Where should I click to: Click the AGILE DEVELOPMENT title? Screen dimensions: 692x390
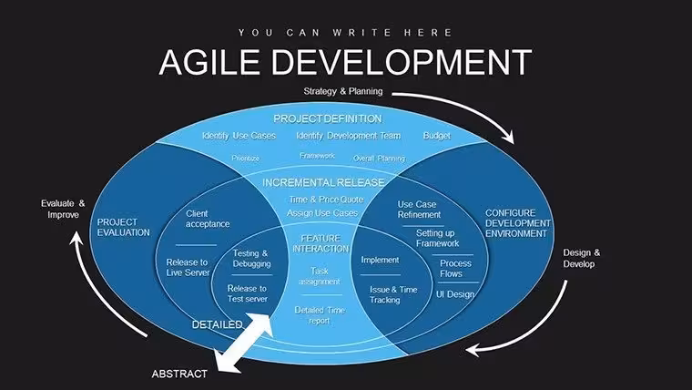coord(345,62)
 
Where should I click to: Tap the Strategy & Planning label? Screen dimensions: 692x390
coord(343,91)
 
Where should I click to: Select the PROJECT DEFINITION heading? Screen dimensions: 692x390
coord(328,118)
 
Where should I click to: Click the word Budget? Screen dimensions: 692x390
coord(436,136)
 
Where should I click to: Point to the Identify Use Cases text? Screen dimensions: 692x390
coord(239,136)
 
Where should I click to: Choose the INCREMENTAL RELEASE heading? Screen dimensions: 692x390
coord(323,182)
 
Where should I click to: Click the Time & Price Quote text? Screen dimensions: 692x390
coord(326,200)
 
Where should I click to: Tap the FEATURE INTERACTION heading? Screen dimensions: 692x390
coord(321,243)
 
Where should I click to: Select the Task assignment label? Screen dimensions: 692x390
coord(320,276)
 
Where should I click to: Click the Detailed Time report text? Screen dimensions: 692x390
coord(320,315)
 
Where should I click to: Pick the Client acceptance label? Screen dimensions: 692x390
coord(208,219)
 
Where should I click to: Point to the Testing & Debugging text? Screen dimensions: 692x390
coord(251,259)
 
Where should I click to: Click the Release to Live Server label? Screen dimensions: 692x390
coord(188,267)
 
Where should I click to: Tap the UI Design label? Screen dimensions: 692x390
coord(455,294)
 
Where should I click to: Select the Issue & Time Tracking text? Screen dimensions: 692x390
coord(393,294)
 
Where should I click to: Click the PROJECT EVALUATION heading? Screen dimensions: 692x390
coord(124,227)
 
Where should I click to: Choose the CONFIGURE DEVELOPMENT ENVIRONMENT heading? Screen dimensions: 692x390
coord(518,223)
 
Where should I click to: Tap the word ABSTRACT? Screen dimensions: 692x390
coord(179,374)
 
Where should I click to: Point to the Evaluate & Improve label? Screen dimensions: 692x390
coord(63,209)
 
